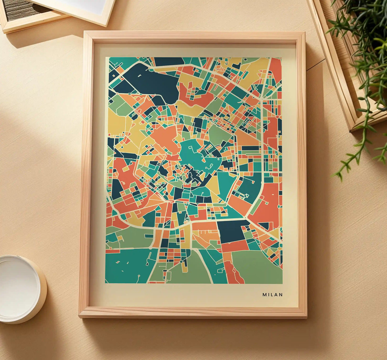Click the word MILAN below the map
(272, 295)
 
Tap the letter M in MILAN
(264, 295)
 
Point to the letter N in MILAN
(281, 295)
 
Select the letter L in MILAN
(272, 295)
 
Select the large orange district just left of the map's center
(165, 138)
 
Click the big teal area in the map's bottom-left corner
(126, 265)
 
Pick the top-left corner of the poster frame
(85, 32)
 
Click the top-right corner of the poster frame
(305, 33)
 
